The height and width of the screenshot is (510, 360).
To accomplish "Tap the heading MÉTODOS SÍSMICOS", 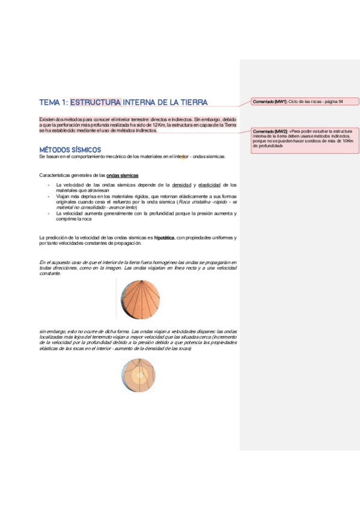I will click(x=70, y=149).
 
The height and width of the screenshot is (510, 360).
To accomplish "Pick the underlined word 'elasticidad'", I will click(x=210, y=184).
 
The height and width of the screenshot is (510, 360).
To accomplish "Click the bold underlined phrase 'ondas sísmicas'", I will click(x=122, y=175).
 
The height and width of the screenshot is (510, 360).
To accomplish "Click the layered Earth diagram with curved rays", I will click(x=139, y=376).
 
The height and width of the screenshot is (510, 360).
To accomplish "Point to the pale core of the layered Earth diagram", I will click(x=139, y=376).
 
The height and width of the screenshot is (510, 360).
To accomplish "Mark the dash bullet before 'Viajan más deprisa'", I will click(x=48, y=196).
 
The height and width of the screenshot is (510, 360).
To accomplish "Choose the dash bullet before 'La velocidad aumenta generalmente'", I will click(x=48, y=214).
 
